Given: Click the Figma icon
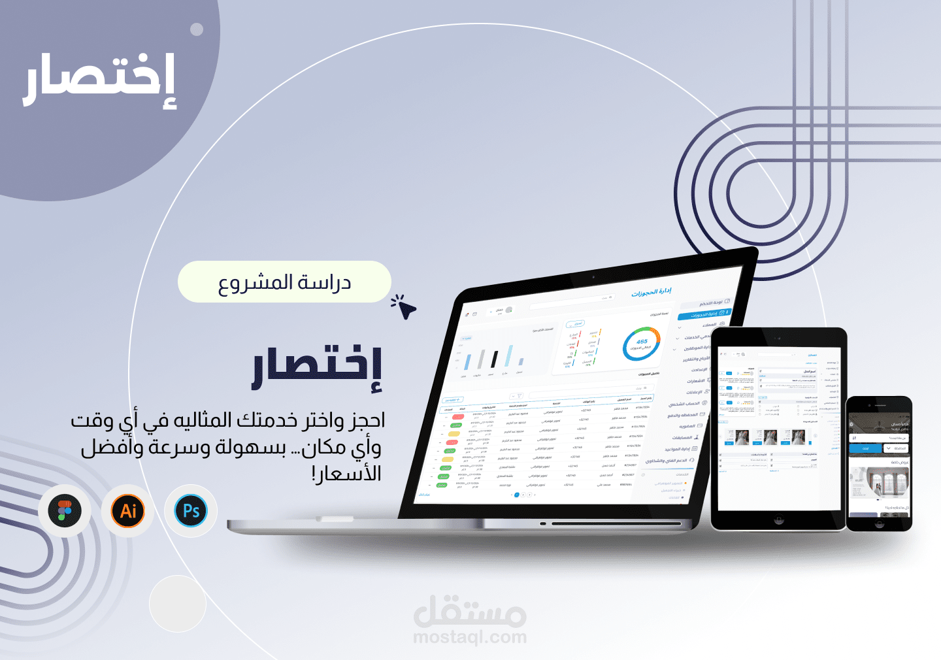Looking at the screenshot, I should (x=64, y=511).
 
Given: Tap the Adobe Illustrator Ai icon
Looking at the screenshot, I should (x=128, y=511).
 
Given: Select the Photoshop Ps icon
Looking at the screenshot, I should (x=191, y=511).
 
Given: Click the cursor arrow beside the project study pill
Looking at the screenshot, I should (x=405, y=308).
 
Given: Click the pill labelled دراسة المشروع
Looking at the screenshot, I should (x=284, y=282).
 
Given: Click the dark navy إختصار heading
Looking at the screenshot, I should (x=318, y=369).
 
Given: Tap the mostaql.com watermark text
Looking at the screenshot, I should (x=470, y=636).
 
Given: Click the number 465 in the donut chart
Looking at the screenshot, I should (x=642, y=342).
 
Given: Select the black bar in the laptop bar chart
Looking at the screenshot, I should (x=495, y=359).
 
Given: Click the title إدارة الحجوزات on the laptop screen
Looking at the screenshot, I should (x=651, y=292).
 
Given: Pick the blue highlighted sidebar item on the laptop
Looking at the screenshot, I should (x=704, y=314).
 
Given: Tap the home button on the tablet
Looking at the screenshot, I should (x=778, y=521).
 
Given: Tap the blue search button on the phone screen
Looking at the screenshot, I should (x=865, y=448).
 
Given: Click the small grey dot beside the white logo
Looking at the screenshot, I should (x=197, y=29).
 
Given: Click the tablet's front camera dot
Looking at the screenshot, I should (x=778, y=338).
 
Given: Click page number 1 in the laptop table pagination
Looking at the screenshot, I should (x=517, y=495).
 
